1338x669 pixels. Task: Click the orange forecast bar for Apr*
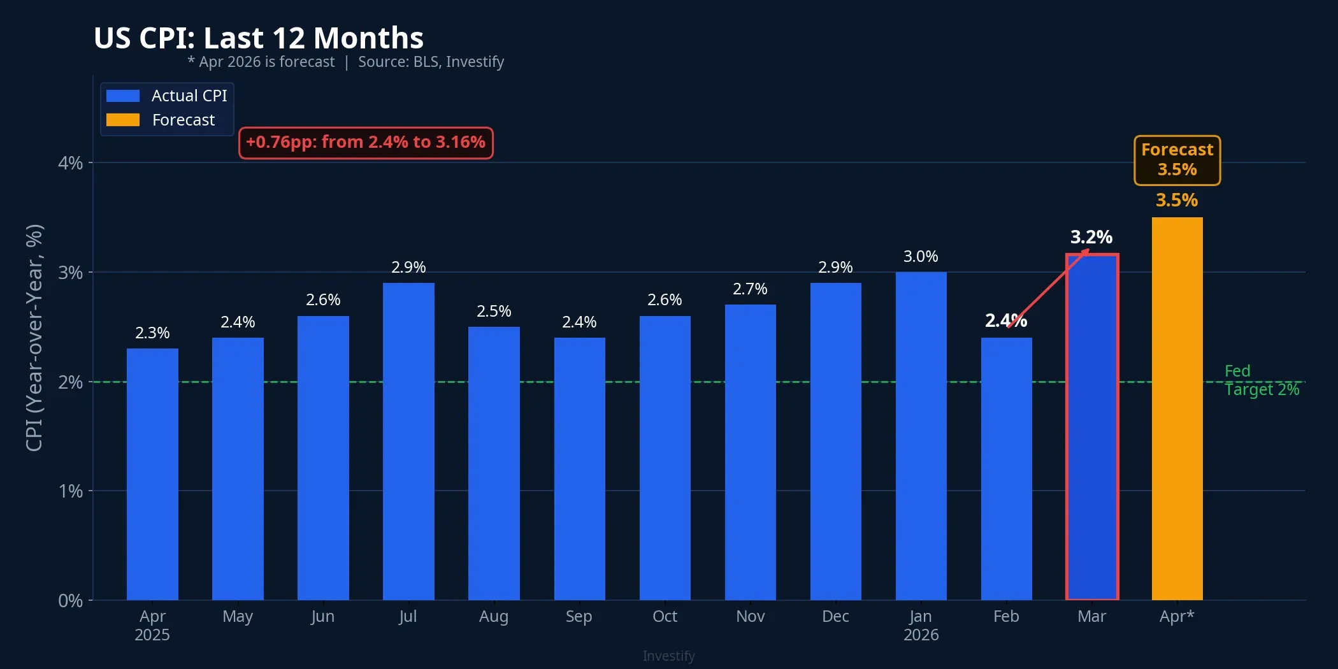pyautogui.click(x=1177, y=408)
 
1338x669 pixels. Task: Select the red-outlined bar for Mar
pyautogui.click(x=1091, y=427)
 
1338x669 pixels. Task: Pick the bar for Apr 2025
pyautogui.click(x=152, y=474)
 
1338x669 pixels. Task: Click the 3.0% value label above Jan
pyautogui.click(x=921, y=256)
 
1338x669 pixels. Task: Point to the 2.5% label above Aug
pyautogui.click(x=494, y=311)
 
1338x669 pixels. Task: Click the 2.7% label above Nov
pyautogui.click(x=750, y=289)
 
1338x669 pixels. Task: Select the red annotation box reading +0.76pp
pyautogui.click(x=366, y=142)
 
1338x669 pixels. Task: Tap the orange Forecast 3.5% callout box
pyautogui.click(x=1177, y=160)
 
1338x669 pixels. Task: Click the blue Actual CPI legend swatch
pyautogui.click(x=123, y=96)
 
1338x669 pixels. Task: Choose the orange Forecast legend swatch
pyautogui.click(x=123, y=120)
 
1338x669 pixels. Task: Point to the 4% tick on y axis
pyautogui.click(x=70, y=163)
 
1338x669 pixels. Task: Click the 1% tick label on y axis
pyautogui.click(x=70, y=491)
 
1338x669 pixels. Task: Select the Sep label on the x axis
pyautogui.click(x=579, y=616)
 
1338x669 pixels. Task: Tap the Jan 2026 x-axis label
pyautogui.click(x=921, y=625)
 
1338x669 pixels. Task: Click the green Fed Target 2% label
pyautogui.click(x=1260, y=380)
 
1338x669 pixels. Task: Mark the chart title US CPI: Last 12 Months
pyautogui.click(x=259, y=38)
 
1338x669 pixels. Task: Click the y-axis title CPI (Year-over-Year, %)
pyautogui.click(x=34, y=338)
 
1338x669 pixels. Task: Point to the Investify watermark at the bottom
pyautogui.click(x=668, y=656)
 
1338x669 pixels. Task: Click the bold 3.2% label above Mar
pyautogui.click(x=1091, y=237)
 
